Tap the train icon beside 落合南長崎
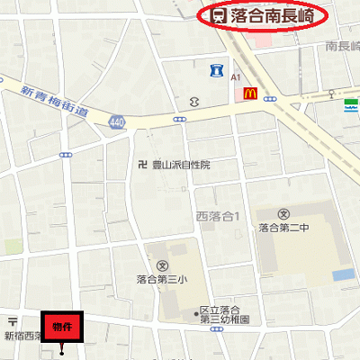(x=218, y=14)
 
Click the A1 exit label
(x=235, y=78)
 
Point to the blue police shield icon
(x=216, y=70)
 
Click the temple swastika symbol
(x=141, y=165)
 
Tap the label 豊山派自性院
(x=181, y=166)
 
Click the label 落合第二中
(x=284, y=229)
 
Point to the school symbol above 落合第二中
(x=283, y=214)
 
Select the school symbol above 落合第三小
(x=162, y=266)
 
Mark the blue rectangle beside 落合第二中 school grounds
(x=343, y=274)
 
